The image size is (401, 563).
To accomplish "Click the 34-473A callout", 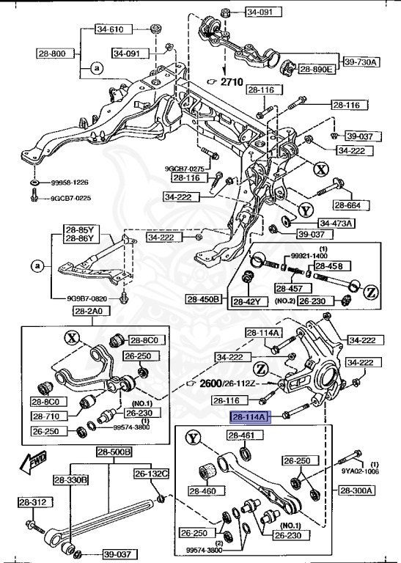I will tap(336, 223).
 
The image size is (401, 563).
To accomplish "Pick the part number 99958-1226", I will tap(70, 182).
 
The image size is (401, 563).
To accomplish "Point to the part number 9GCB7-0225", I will tap(70, 198).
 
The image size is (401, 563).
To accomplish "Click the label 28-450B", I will tap(203, 299).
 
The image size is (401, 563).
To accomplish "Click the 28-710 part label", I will tap(46, 416).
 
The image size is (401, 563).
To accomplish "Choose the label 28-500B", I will tap(114, 452).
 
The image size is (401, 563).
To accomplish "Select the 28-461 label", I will tap(241, 435).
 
